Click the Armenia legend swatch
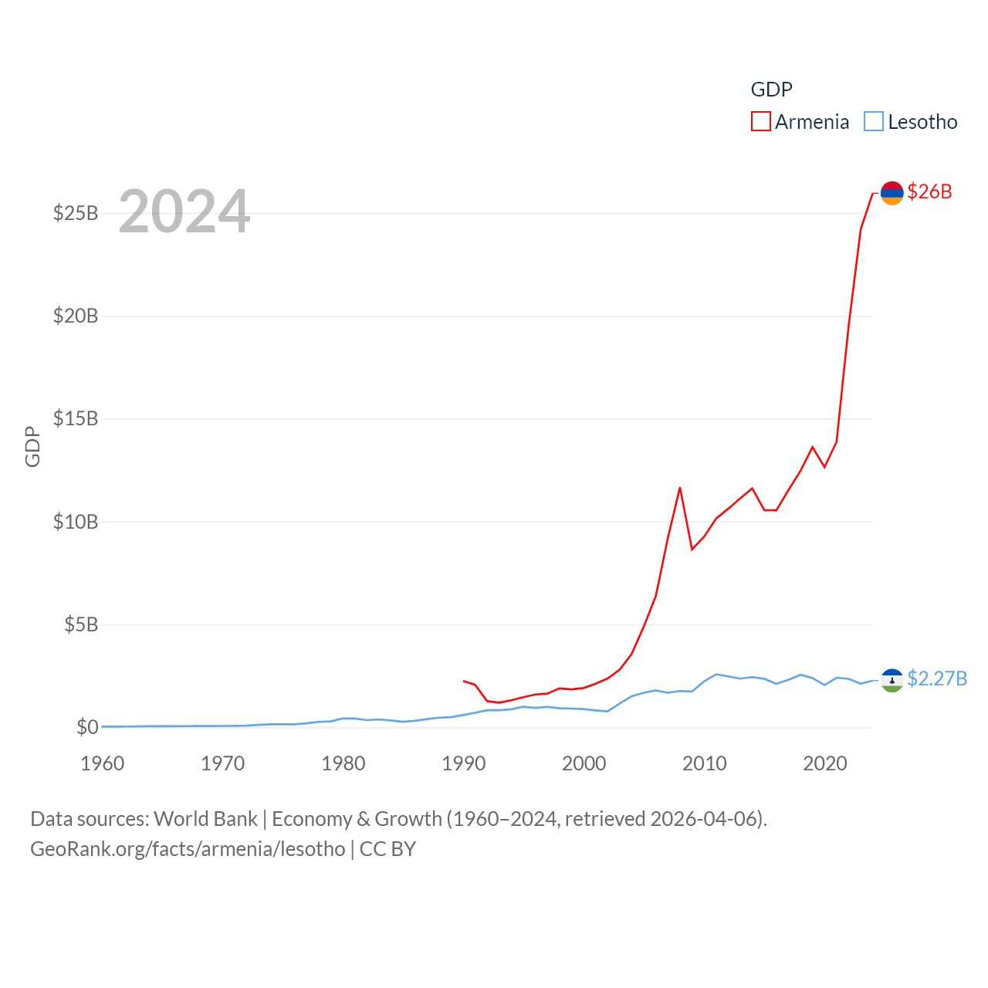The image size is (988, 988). (x=761, y=122)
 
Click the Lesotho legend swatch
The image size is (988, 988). (x=874, y=122)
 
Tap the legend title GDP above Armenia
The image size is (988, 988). (x=771, y=90)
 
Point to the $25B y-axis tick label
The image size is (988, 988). (x=76, y=213)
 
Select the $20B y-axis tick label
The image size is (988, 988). (x=76, y=316)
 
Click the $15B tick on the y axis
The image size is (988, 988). (x=76, y=418)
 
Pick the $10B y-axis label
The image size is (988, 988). (x=76, y=522)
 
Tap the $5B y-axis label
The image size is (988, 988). (x=81, y=624)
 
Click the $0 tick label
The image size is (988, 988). (x=87, y=727)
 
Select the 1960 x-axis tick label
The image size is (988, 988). (x=103, y=763)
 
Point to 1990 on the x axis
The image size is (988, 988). (x=464, y=763)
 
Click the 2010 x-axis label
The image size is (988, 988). (x=705, y=763)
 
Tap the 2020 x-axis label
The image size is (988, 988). (x=825, y=763)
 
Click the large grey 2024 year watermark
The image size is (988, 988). (x=184, y=211)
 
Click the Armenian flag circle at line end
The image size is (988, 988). (x=892, y=193)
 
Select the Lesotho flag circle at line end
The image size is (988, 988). (x=892, y=680)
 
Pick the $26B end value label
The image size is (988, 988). (x=930, y=191)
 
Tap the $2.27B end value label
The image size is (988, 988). (x=937, y=678)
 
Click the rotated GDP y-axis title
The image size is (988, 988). (x=32, y=446)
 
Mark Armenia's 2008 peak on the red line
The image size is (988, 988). (x=680, y=488)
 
